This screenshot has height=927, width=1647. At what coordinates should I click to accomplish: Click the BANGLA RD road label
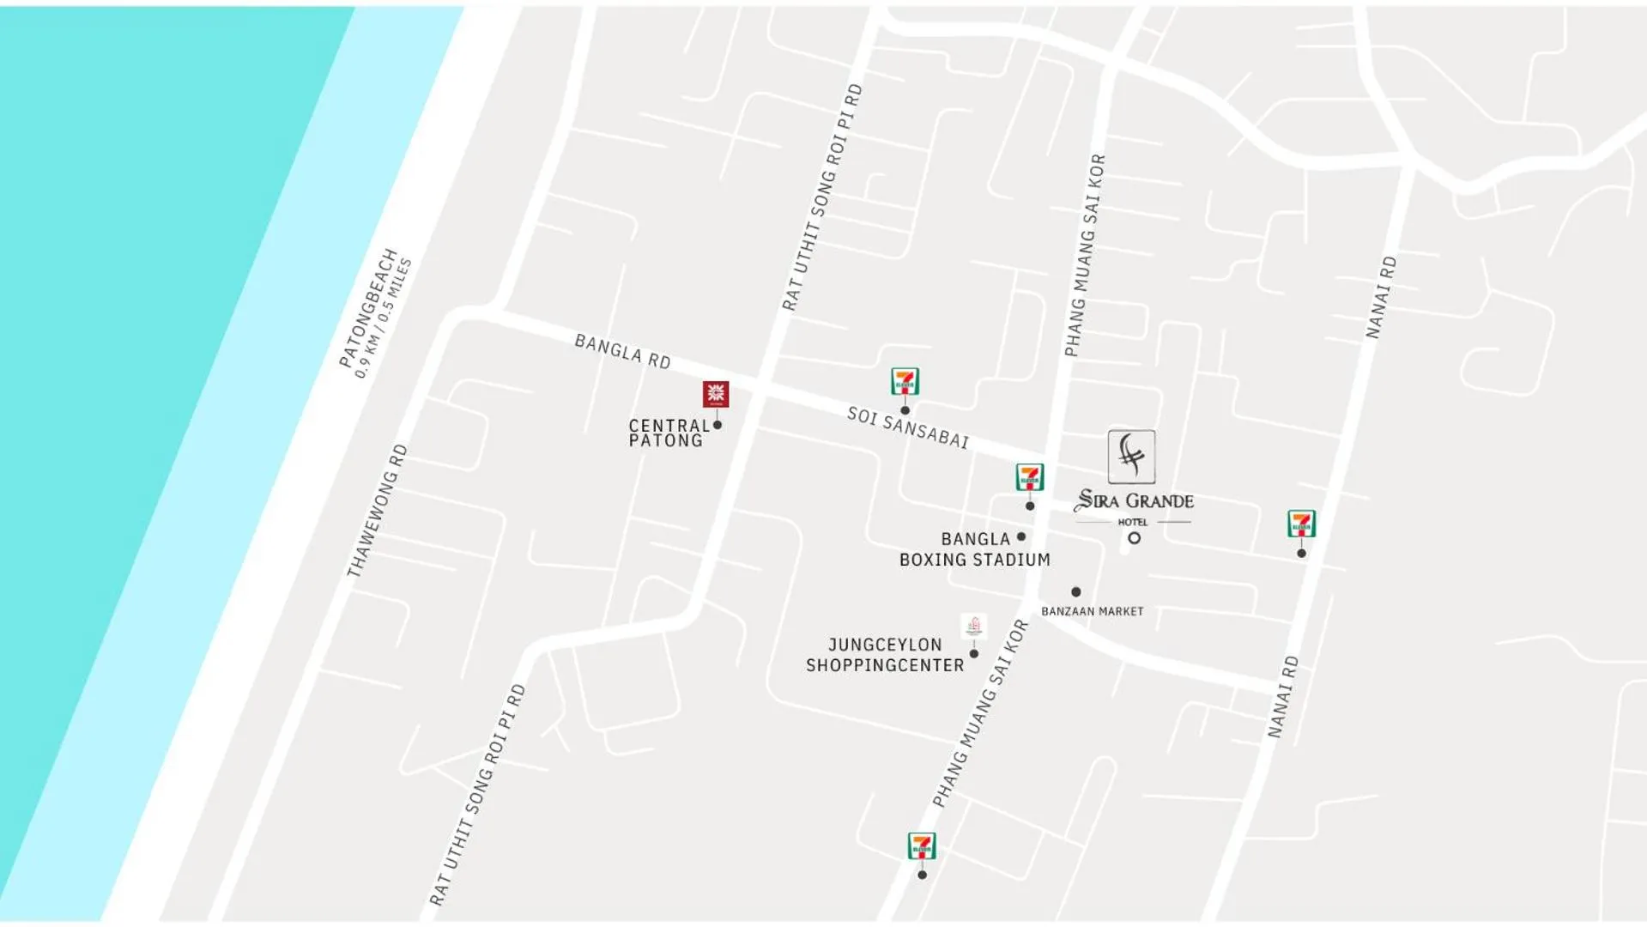(x=622, y=352)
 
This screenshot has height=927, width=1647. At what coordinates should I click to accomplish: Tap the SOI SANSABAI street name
(x=907, y=427)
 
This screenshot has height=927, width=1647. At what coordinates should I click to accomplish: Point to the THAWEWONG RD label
(x=377, y=511)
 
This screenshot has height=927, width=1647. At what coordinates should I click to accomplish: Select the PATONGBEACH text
(x=368, y=308)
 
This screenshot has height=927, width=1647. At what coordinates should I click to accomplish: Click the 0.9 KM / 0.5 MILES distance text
(x=384, y=318)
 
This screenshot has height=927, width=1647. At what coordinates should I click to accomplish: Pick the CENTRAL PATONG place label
(x=668, y=433)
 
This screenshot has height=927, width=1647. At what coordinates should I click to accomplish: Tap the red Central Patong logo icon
(x=716, y=394)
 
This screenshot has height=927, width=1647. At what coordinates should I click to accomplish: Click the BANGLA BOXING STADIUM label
(x=974, y=549)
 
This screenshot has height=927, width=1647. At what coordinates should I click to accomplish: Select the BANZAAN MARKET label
(x=1092, y=611)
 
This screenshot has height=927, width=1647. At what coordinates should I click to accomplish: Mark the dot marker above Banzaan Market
(x=1075, y=591)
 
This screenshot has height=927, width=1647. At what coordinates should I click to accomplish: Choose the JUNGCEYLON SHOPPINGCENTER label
(x=885, y=655)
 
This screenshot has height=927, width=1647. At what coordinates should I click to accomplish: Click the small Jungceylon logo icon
(x=973, y=626)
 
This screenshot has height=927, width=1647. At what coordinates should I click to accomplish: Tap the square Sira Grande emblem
(x=1131, y=457)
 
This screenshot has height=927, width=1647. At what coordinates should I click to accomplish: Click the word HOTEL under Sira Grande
(x=1132, y=522)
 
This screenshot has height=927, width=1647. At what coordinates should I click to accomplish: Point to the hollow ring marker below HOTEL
(x=1134, y=538)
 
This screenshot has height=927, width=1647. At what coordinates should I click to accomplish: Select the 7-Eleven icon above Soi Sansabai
(x=905, y=381)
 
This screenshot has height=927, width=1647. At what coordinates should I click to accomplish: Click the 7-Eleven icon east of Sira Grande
(x=1301, y=523)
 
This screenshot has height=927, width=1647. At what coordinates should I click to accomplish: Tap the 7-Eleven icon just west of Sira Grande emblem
(x=1029, y=476)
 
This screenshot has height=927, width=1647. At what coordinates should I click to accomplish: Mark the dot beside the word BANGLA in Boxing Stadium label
(x=1021, y=536)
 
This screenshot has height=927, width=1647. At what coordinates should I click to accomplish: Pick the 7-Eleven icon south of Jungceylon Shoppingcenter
(x=922, y=845)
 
